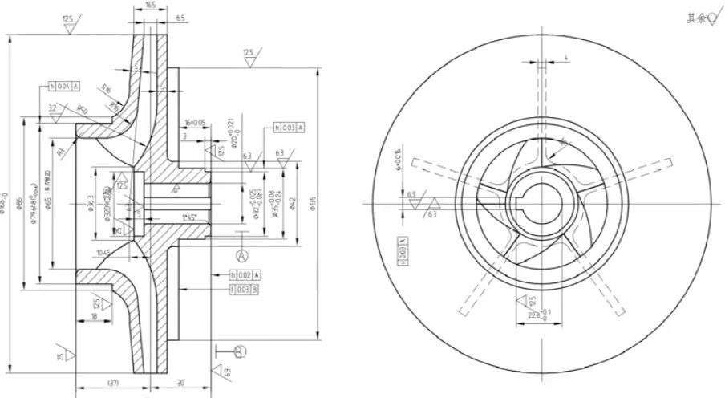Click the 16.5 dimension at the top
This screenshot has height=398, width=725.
151,6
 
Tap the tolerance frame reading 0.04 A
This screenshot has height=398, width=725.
65,85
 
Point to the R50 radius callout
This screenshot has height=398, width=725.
83,110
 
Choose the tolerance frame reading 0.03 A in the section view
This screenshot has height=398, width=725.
290,128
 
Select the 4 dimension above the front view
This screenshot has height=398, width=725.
565,58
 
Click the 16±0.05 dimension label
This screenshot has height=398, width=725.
195,123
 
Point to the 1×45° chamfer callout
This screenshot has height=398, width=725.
190,217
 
